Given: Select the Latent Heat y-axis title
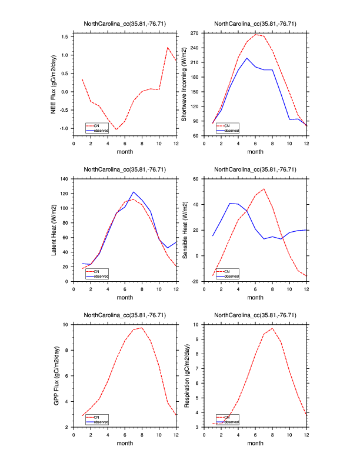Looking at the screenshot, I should [x=54, y=229].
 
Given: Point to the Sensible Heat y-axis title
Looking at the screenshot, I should [x=185, y=229].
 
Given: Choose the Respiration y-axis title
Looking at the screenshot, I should [x=185, y=375].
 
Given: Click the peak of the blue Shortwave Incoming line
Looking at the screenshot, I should [x=247, y=58].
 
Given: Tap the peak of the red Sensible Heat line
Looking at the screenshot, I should [x=264, y=189].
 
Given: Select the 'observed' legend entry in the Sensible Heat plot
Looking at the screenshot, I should [x=232, y=275].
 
